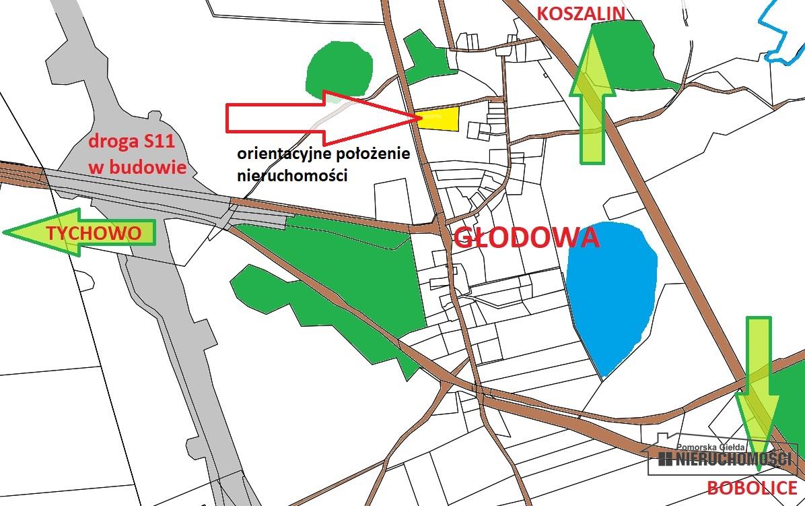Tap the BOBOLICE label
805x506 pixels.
[x=752, y=488]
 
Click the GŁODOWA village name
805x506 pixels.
[x=526, y=238]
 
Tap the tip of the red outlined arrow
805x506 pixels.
[x=416, y=119]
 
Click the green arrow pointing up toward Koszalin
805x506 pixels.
[x=592, y=94]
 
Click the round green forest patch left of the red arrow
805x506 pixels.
[x=339, y=67]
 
